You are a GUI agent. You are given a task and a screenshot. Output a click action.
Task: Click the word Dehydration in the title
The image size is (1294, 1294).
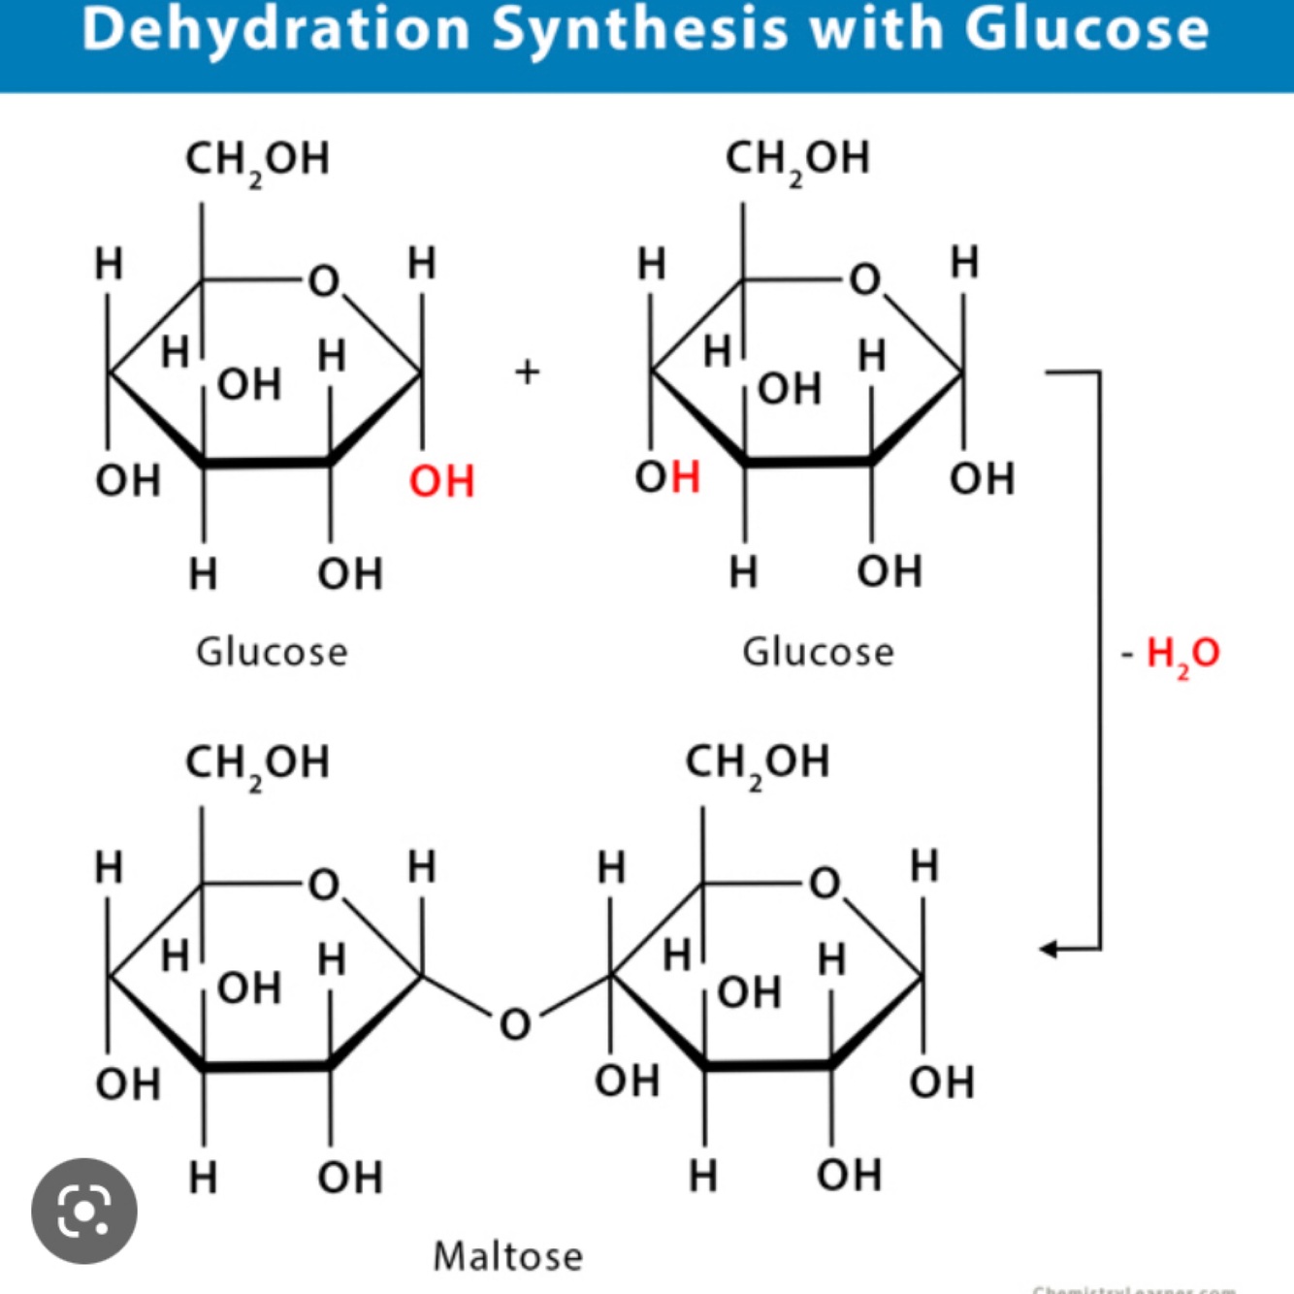click(276, 29)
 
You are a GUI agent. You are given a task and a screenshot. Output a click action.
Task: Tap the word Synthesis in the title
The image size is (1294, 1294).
click(641, 29)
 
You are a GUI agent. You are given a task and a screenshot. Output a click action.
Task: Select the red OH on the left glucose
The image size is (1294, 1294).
click(441, 481)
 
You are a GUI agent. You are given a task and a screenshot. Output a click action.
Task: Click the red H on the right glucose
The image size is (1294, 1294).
click(685, 477)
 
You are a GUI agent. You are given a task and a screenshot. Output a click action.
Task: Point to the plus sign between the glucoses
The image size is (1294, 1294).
click(527, 372)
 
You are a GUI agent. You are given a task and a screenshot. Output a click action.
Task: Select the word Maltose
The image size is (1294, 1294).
click(507, 1256)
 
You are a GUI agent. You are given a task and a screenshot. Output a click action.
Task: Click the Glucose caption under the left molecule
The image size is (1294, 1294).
click(272, 652)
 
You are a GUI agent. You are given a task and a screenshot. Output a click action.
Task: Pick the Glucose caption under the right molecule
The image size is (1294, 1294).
click(818, 652)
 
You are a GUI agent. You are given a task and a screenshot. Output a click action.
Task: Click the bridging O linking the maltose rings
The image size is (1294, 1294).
click(515, 1024)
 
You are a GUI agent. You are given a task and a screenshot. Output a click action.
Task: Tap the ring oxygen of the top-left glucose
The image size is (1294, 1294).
click(324, 281)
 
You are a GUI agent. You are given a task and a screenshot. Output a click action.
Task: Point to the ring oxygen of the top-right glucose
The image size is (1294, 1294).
click(864, 280)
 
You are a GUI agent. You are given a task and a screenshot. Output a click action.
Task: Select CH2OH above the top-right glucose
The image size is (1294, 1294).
click(797, 159)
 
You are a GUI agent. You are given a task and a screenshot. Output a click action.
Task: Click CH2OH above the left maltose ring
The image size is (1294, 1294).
click(257, 763)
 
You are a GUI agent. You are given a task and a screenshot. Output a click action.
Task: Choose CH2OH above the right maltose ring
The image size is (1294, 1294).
click(757, 763)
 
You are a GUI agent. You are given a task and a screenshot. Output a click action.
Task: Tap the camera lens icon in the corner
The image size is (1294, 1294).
click(84, 1211)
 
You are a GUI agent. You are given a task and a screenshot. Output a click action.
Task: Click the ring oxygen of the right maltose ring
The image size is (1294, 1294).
click(825, 884)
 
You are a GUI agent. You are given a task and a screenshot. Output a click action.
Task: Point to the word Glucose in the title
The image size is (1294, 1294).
click(1086, 29)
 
